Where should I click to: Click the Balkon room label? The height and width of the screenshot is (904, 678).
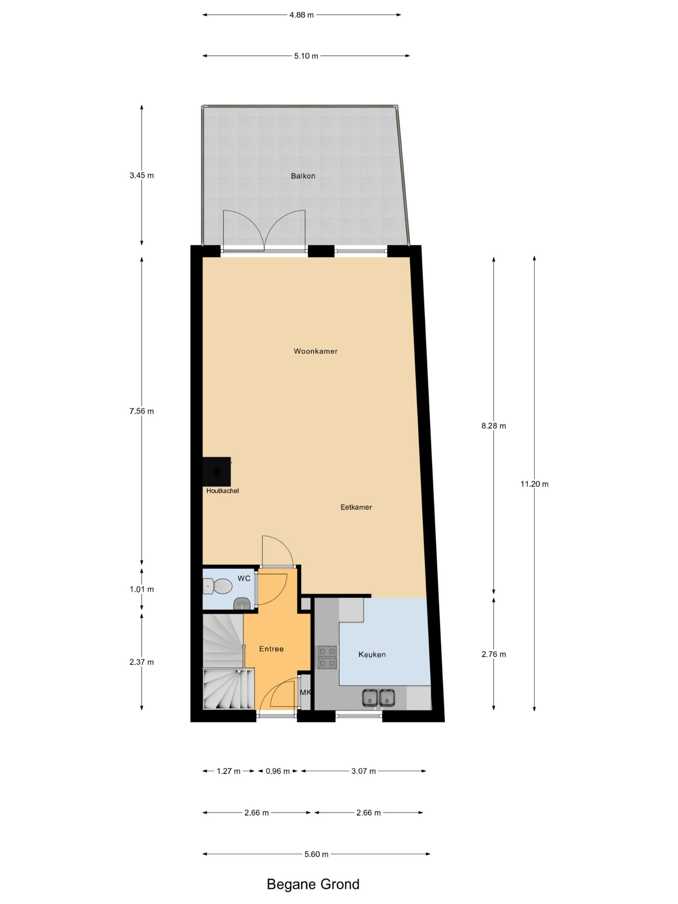click(303, 176)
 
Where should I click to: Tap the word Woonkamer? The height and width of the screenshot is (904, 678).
click(315, 351)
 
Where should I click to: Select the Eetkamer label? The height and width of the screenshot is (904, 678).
click(356, 507)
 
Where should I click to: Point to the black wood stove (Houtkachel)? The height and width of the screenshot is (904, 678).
click(216, 472)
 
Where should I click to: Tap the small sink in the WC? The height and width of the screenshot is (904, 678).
click(242, 603)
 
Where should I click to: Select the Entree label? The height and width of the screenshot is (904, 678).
click(271, 649)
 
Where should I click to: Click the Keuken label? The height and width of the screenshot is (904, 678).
click(372, 655)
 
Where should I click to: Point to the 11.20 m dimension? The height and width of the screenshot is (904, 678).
click(534, 484)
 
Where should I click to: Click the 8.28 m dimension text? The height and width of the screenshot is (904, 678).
click(494, 426)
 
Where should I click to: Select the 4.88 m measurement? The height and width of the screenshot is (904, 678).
click(302, 15)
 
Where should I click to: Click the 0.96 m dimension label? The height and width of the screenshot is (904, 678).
click(278, 771)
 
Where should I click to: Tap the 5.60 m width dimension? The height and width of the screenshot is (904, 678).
click(316, 854)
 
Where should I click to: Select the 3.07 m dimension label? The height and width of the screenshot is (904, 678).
click(364, 771)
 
